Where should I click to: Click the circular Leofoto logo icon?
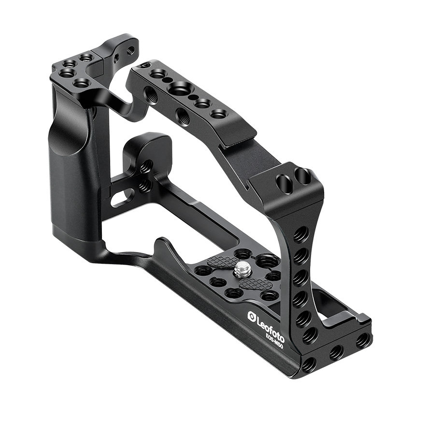(252, 316)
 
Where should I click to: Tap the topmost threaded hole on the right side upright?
(301, 233)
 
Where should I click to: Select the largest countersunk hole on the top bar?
(178, 88)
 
